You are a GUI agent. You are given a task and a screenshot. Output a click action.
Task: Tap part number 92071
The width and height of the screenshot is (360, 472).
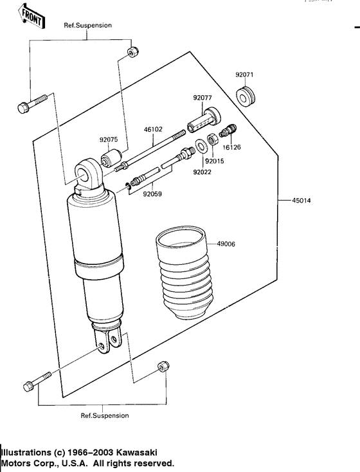[244, 75]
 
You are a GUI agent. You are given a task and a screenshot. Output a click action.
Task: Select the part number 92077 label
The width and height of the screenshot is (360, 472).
[203, 98]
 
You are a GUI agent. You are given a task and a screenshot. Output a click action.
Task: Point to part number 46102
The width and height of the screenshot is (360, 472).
[152, 129]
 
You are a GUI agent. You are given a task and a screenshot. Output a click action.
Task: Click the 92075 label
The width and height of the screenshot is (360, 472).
[109, 138]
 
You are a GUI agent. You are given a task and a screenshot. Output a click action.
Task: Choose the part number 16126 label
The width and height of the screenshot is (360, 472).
[232, 147]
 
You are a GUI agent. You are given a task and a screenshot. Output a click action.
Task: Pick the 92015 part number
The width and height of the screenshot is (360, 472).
[215, 161]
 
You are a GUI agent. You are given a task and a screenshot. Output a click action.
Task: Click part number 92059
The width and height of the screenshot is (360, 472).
[152, 193]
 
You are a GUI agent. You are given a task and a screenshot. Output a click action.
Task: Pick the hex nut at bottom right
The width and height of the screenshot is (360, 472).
[162, 368]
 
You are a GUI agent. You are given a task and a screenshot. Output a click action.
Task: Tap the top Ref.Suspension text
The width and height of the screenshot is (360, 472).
[87, 25]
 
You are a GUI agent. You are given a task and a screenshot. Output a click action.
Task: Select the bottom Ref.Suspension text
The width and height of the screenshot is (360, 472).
[104, 415]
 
